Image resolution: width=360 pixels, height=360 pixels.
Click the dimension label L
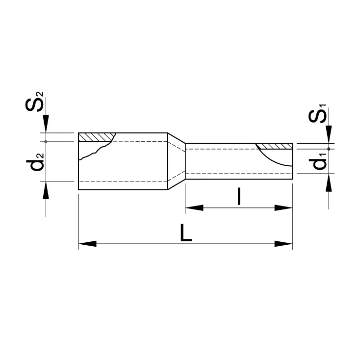(185, 234)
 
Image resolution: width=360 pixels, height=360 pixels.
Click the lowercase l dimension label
(238, 196)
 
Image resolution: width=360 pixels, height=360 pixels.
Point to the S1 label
(321, 114)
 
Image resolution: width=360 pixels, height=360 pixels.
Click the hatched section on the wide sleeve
(96, 137)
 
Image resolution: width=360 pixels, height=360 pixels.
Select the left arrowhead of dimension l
(194, 208)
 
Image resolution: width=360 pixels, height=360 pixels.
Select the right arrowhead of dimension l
(284, 208)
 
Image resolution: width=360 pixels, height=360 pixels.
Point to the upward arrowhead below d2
(46, 189)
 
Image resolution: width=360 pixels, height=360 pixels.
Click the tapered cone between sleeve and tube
(176, 161)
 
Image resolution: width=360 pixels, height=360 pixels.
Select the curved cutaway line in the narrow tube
(275, 159)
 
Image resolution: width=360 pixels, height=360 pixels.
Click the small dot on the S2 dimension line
(46, 142)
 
